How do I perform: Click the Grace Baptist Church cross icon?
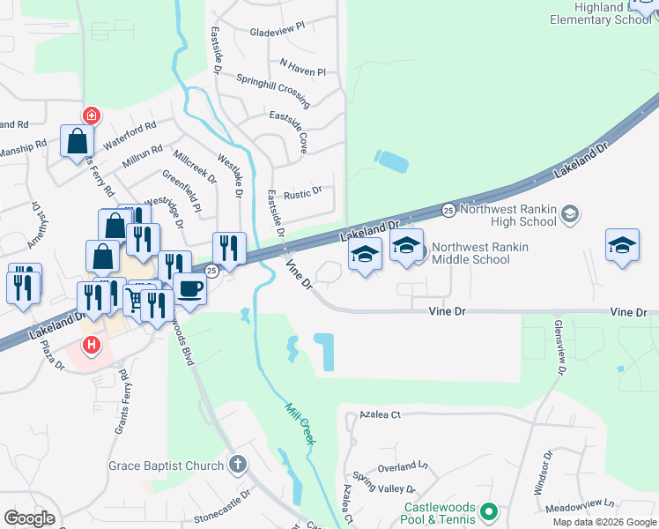(237, 464)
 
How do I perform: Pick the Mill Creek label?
(300, 422)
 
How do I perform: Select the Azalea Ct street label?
(381, 414)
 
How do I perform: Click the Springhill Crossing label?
(272, 85)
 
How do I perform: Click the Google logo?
(29, 518)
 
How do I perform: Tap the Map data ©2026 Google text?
(603, 522)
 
